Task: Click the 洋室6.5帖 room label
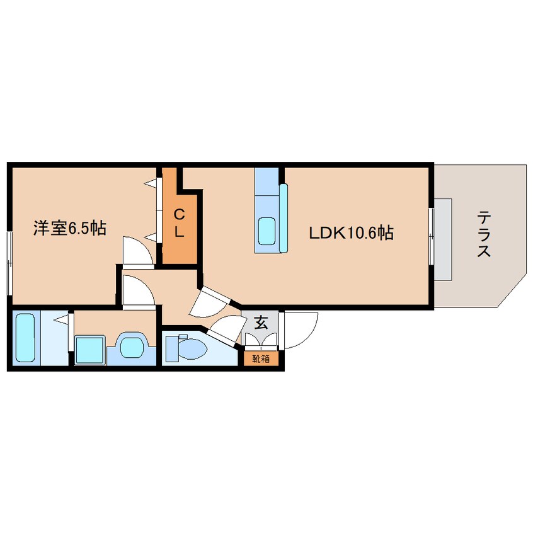pyautogui.click(x=69, y=228)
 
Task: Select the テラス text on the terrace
pyautogui.click(x=484, y=234)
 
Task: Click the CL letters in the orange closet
pyautogui.click(x=179, y=222)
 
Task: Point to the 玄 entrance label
pyautogui.click(x=260, y=324)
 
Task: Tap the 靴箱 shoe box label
pyautogui.click(x=260, y=359)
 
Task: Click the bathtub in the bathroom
pyautogui.click(x=25, y=337)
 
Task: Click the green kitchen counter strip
pyautogui.click(x=284, y=217)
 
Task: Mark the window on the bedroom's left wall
pyautogui.click(x=9, y=261)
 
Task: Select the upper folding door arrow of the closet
pyautogui.click(x=152, y=184)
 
